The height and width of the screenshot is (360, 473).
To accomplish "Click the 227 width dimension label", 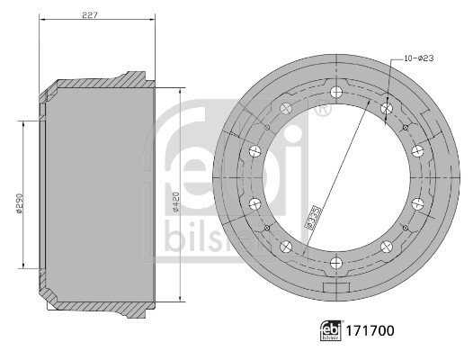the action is [90, 14].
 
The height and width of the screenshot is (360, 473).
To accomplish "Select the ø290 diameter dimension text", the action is [19, 203].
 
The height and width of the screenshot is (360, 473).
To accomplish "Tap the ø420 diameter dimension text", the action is [176, 202].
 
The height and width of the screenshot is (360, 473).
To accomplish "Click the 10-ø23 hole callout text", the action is [419, 58].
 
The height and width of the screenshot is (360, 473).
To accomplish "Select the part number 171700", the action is [370, 330].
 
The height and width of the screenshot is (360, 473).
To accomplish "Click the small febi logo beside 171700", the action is [331, 330].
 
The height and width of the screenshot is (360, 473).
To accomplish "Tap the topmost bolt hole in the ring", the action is [336, 93].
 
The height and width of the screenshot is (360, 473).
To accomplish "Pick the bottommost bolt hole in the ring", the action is [336, 263].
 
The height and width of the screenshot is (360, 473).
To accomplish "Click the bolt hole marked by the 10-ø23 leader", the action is [386, 109].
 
